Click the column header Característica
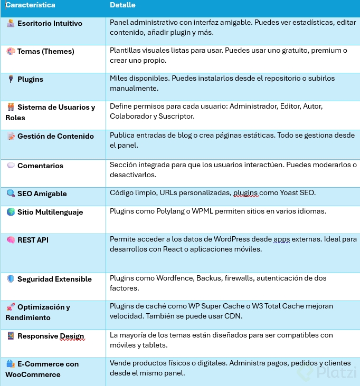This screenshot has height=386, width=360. [30, 5]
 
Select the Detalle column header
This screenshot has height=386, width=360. [122, 5]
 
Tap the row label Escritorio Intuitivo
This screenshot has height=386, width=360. [50, 24]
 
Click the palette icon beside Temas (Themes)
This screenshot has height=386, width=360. [11, 52]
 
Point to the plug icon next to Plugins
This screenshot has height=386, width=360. [11, 80]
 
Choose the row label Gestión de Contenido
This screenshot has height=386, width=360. [55, 136]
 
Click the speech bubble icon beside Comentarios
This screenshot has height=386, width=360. [11, 166]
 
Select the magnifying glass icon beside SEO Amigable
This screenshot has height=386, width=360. [11, 194]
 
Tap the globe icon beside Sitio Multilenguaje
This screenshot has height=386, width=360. [11, 212]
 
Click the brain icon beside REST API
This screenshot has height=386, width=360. [11, 240]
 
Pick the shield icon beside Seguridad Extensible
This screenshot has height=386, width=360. [11, 279]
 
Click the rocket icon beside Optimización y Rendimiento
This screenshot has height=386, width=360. [11, 307]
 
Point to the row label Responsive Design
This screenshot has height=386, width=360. [51, 336]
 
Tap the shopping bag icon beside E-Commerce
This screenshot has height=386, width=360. [11, 364]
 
